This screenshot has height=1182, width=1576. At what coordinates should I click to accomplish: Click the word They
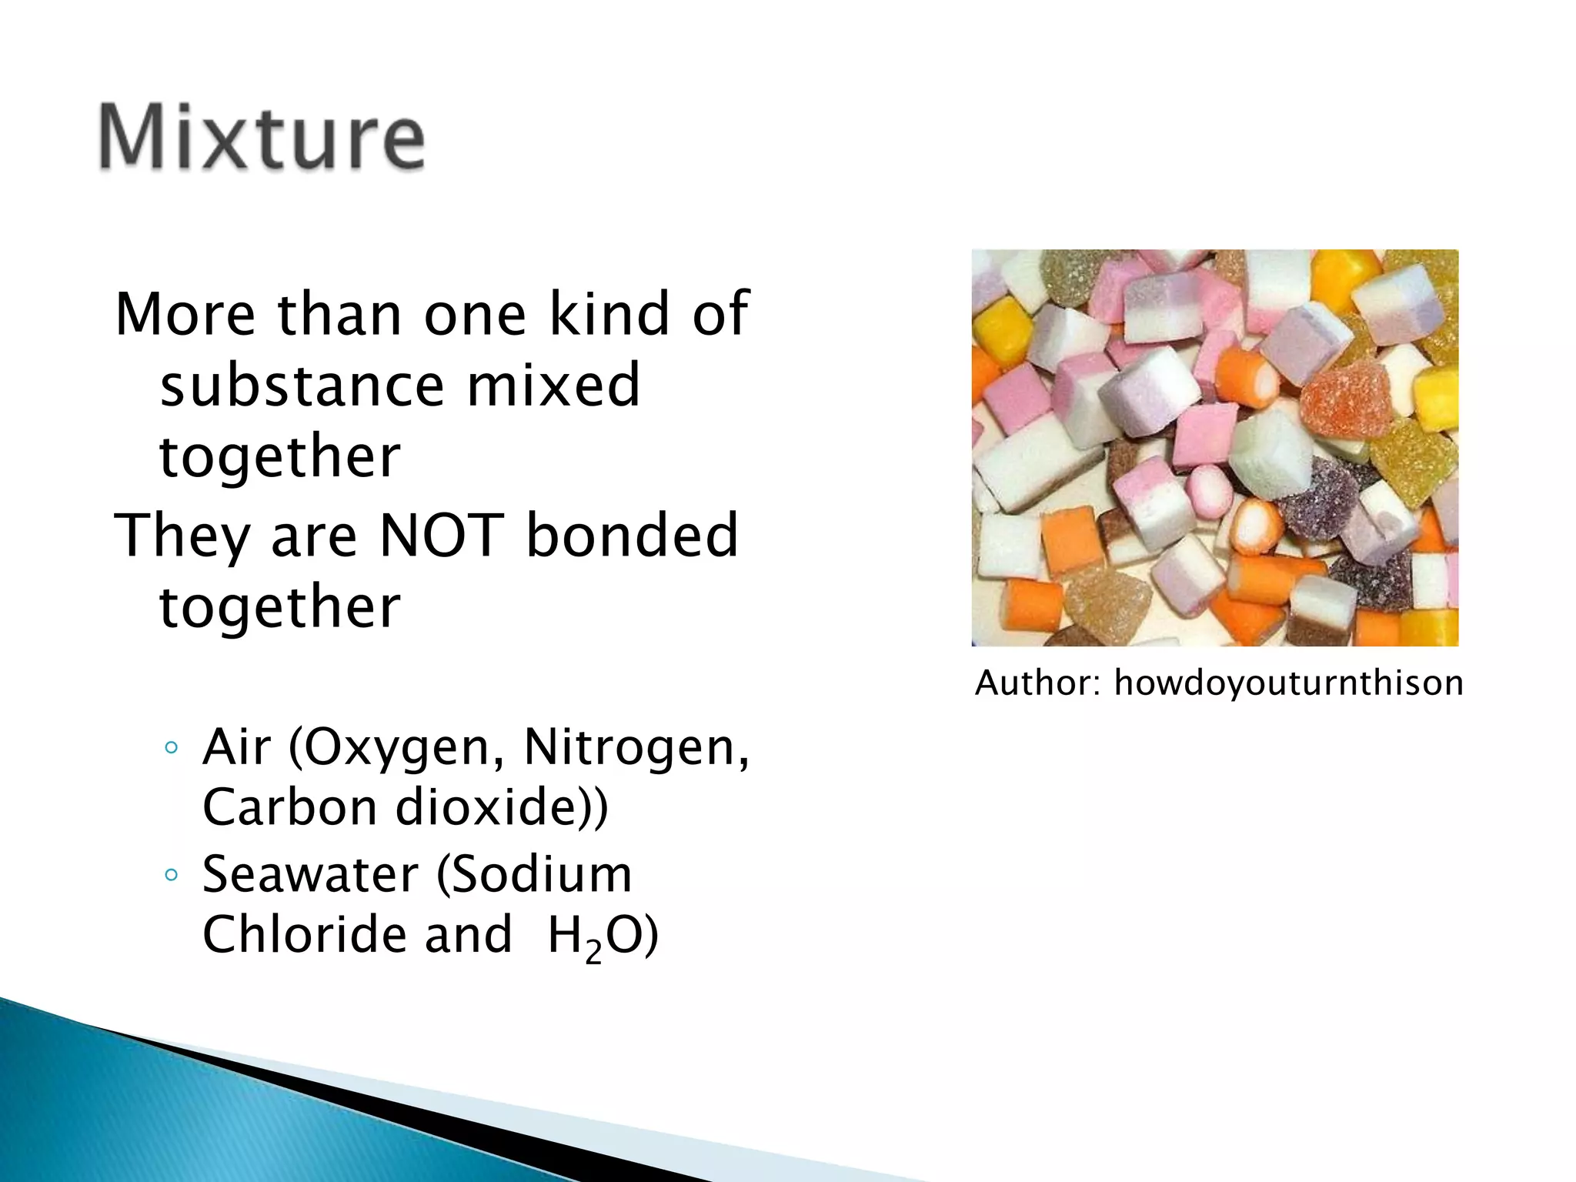pos(181,537)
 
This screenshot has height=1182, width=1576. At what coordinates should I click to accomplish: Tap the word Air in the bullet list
pos(237,747)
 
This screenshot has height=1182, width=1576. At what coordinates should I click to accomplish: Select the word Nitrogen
pos(636,749)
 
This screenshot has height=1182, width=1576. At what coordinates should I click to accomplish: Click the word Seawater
pos(310,875)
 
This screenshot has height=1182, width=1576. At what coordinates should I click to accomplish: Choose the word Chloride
pos(304,935)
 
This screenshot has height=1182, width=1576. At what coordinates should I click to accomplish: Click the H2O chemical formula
pos(602,937)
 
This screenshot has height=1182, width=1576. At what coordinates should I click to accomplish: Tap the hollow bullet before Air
pos(172,747)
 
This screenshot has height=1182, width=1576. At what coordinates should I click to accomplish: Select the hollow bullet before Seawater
pos(172,874)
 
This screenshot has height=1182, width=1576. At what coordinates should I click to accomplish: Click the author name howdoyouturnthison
pos(1288,683)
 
